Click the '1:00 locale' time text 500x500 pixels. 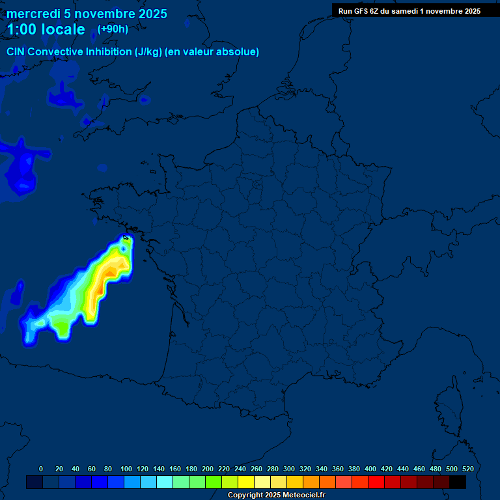[46, 29]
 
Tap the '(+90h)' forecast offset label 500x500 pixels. [113, 29]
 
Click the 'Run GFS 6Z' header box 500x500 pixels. [410, 10]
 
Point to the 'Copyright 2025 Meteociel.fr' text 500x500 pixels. [276, 495]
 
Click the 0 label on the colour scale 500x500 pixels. [41, 469]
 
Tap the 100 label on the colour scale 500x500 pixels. [126, 469]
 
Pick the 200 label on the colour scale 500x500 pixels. [208, 469]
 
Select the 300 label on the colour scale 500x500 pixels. [289, 469]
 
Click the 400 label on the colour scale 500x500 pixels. [370, 469]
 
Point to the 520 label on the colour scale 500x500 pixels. [467, 469]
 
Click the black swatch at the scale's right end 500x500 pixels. [458, 482]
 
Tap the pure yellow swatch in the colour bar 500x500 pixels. [246, 482]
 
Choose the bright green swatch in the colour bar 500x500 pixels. [214, 482]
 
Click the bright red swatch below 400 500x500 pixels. [376, 482]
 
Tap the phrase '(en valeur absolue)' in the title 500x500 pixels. [212, 52]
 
